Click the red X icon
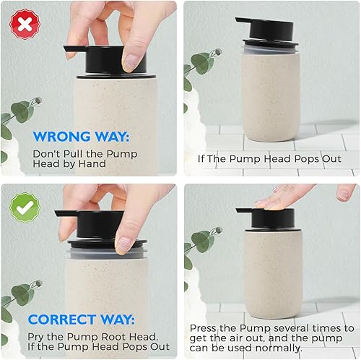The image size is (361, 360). [24, 24]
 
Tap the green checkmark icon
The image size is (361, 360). [25, 206]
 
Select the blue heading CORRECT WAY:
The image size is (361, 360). [82, 319]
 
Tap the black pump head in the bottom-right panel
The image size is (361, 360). [270, 218]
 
